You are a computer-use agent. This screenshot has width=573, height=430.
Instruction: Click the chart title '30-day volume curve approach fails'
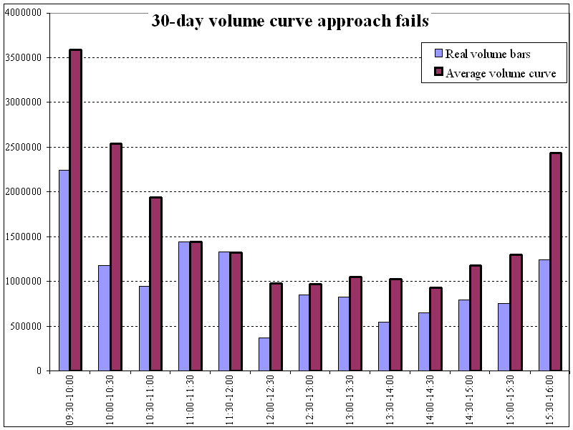[290, 21]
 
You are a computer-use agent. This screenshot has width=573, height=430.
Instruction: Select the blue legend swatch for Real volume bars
[438, 54]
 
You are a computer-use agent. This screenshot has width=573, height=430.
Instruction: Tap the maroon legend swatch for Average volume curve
[438, 72]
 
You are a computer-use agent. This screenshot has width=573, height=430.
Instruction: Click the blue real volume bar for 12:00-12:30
[264, 354]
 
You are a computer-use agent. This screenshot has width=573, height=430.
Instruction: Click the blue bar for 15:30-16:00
[544, 315]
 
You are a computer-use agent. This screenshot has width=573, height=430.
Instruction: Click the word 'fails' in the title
[413, 21]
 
